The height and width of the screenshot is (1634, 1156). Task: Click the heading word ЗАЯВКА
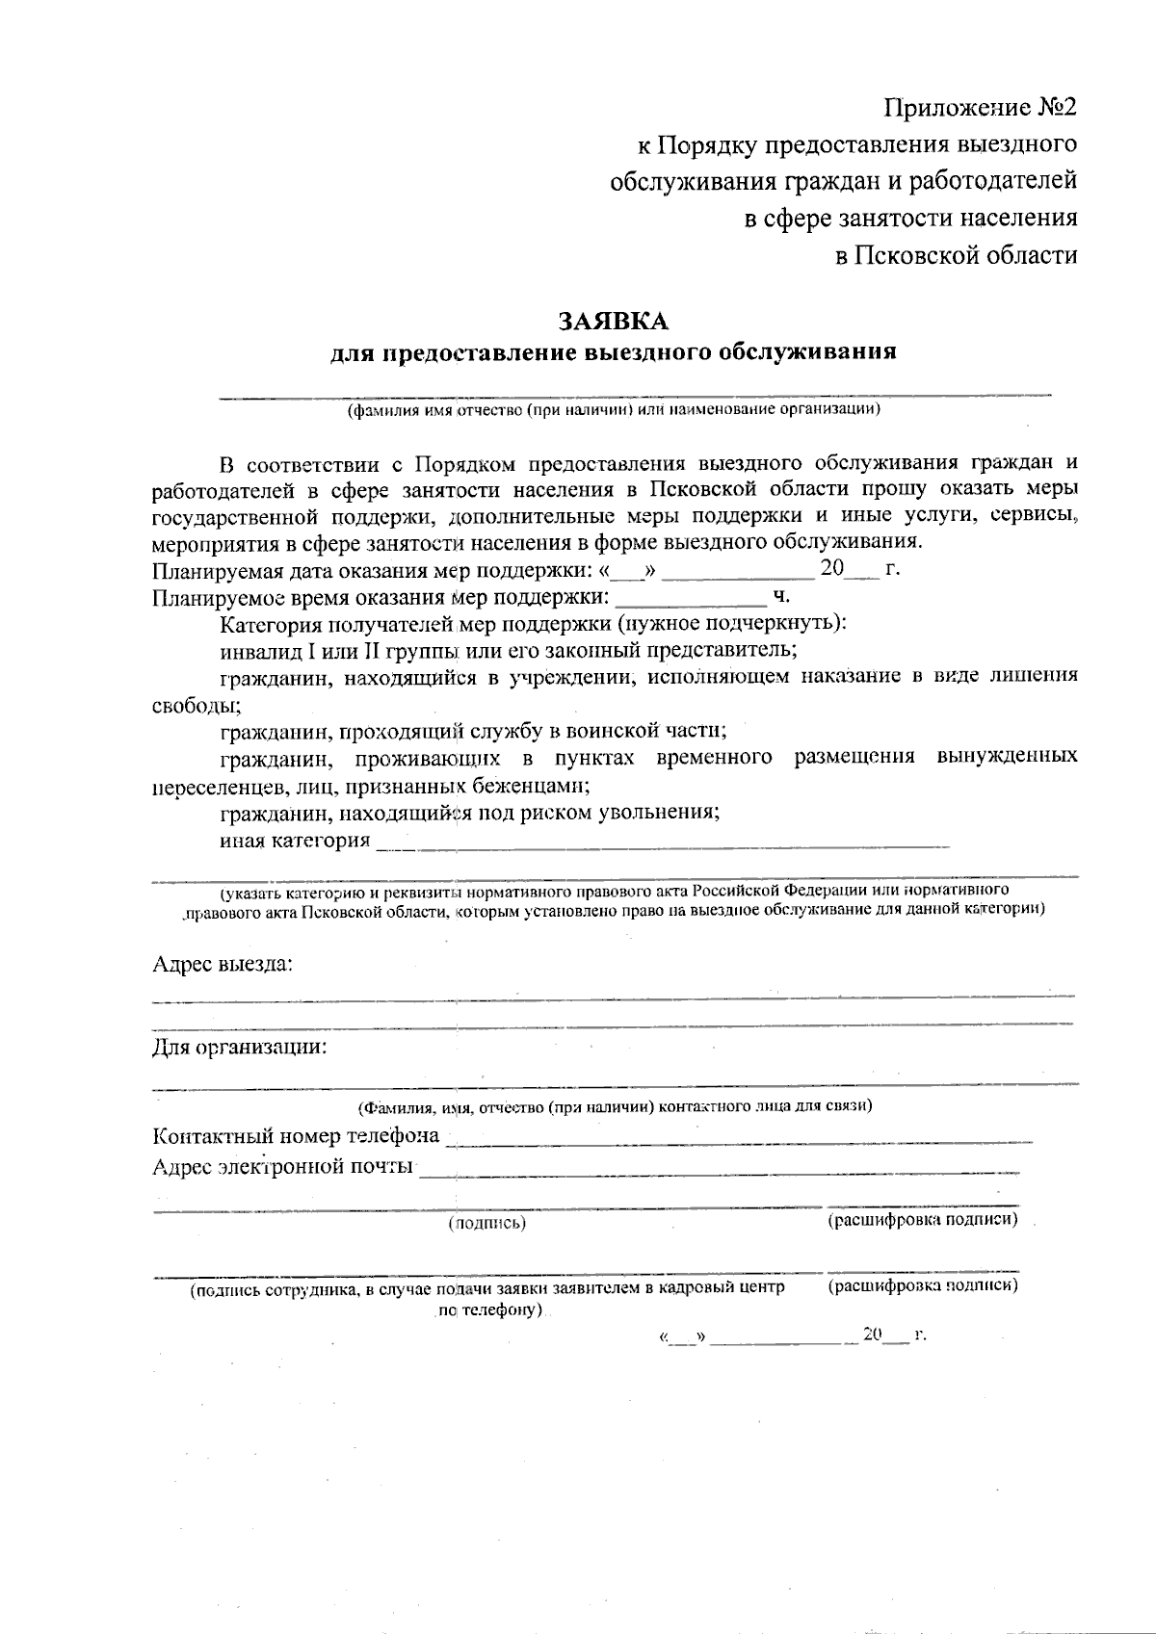click(x=614, y=320)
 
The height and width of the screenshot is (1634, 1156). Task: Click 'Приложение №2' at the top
click(x=980, y=108)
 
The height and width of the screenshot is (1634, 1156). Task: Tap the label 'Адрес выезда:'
click(x=223, y=964)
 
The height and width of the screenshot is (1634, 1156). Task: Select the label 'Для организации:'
click(x=240, y=1048)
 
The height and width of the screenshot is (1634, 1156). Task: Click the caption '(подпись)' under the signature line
click(x=486, y=1224)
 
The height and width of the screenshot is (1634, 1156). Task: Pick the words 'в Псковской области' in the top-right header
click(x=956, y=255)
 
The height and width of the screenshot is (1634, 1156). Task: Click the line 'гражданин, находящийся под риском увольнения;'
click(x=470, y=813)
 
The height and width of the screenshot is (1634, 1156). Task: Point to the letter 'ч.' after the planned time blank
click(x=782, y=596)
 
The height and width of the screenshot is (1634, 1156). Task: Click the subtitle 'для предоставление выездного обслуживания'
click(x=614, y=352)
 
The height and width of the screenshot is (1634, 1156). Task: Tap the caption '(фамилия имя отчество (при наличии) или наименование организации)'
click(x=615, y=410)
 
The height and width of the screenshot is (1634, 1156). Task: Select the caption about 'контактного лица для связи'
click(x=615, y=1106)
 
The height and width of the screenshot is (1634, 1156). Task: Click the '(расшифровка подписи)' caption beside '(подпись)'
click(x=923, y=1221)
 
